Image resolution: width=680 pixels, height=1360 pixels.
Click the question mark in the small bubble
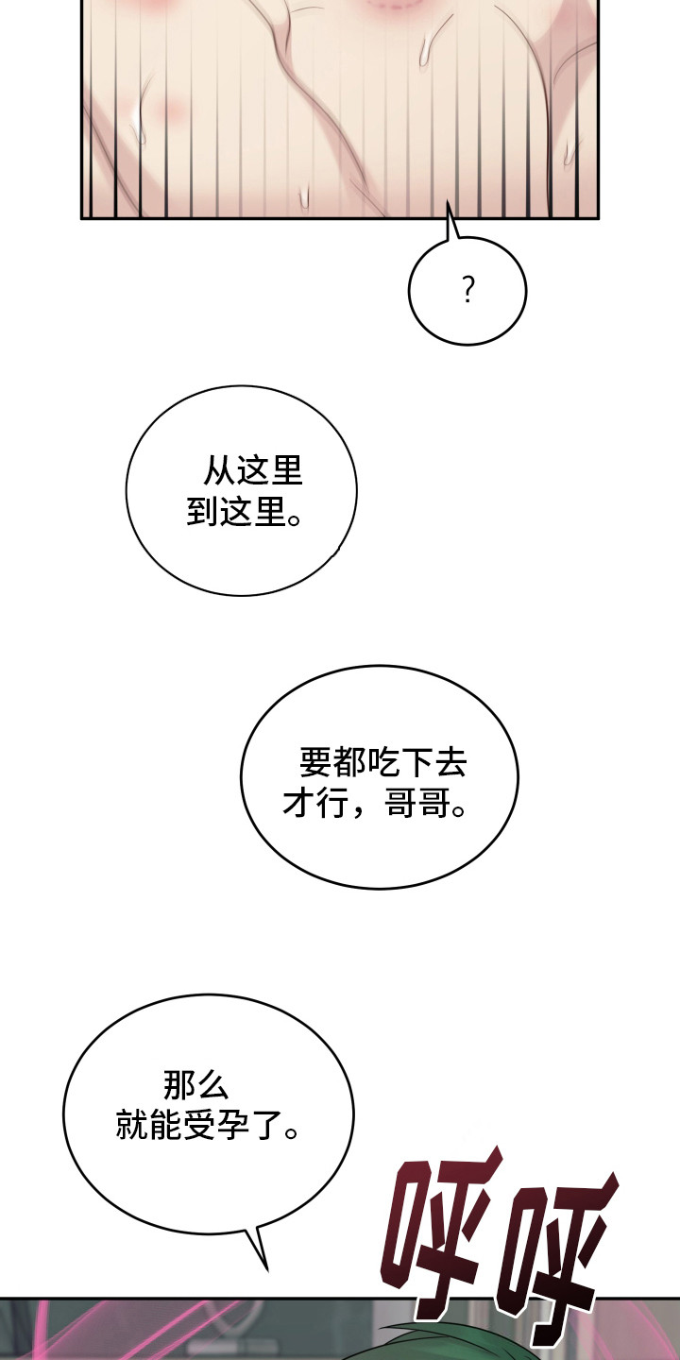tap(467, 290)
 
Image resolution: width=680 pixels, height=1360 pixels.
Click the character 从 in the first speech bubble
tap(218, 471)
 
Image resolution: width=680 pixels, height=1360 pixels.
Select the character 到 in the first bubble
tap(202, 512)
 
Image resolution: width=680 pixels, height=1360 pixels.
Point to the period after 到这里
tap(295, 520)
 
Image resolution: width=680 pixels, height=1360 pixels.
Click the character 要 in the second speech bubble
tap(315, 763)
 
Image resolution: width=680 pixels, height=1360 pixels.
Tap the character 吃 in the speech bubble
tap(382, 763)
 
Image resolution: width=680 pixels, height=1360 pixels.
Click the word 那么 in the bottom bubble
tap(196, 1085)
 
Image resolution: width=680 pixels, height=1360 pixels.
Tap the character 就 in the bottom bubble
tap(131, 1126)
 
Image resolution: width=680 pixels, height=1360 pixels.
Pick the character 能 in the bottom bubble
tap(164, 1126)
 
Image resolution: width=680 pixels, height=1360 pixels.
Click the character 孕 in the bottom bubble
tap(231, 1126)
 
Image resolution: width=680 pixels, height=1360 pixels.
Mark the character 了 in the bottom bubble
tap(264, 1126)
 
